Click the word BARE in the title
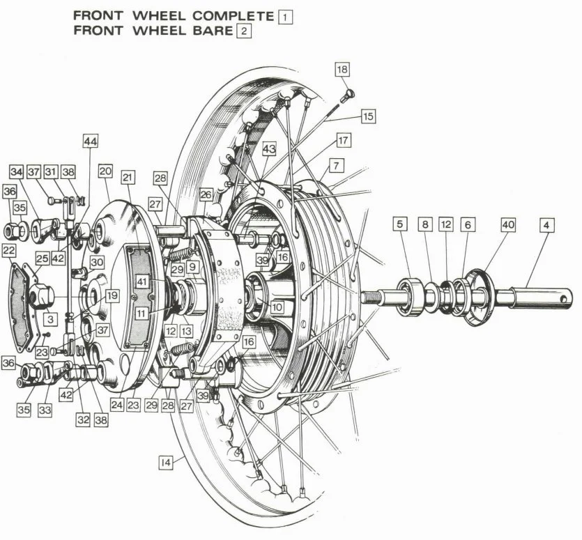click(x=210, y=31)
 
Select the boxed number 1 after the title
click(x=284, y=16)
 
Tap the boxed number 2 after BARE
click(x=243, y=31)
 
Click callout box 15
click(x=367, y=116)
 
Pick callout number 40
click(x=508, y=225)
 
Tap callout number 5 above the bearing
click(x=399, y=225)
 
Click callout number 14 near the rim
click(x=165, y=461)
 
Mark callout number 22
click(x=10, y=250)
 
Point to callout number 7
click(x=337, y=166)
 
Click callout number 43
click(x=269, y=149)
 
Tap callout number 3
click(x=51, y=319)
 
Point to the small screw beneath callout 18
click(x=349, y=93)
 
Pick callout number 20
click(x=105, y=171)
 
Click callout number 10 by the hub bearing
click(x=277, y=306)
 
